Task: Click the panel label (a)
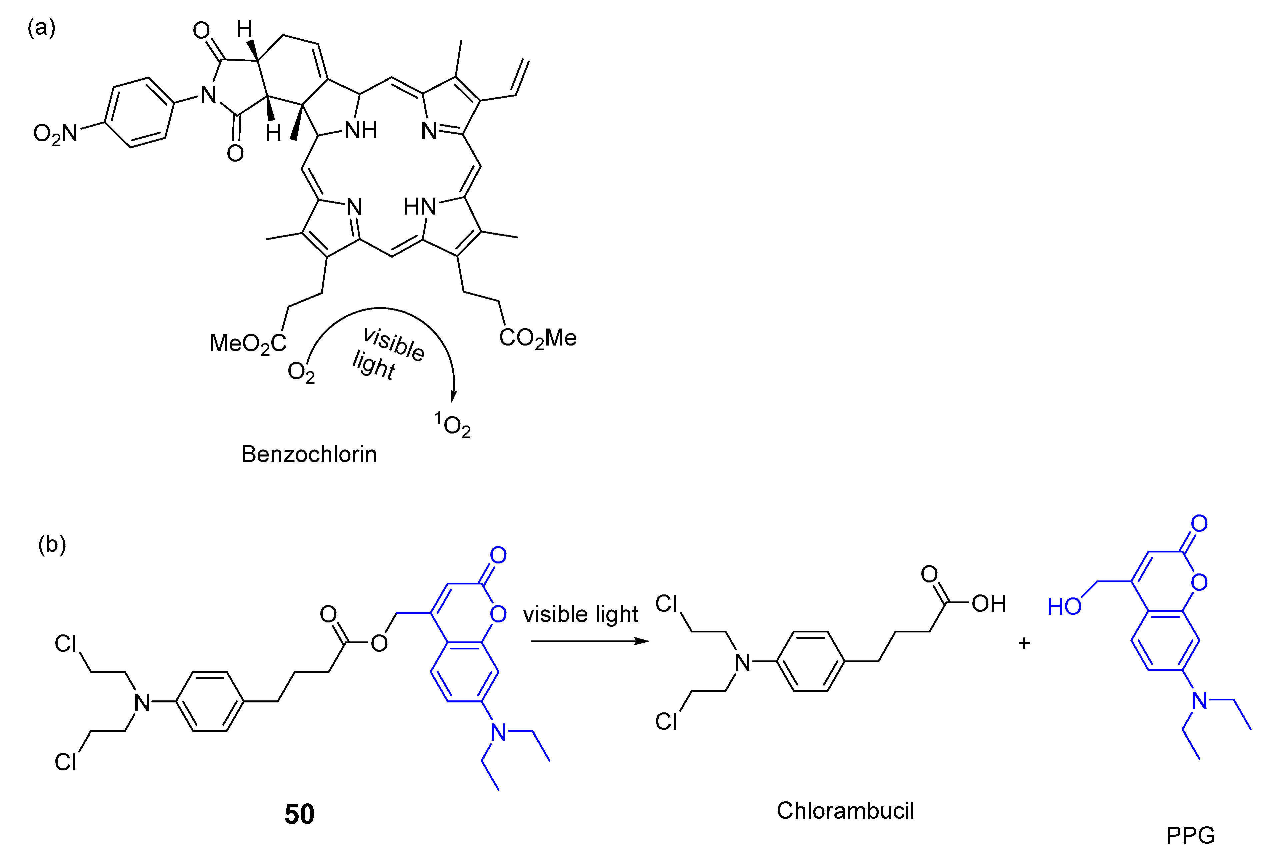point(42,27)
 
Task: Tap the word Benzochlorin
point(309,454)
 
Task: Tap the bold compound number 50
point(299,814)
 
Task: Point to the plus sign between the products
point(1024,643)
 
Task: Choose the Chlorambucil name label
point(845,811)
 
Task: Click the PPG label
point(1190,835)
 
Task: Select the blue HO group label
point(1064,606)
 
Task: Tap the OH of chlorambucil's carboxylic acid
point(989,603)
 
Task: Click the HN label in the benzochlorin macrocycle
point(420,207)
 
